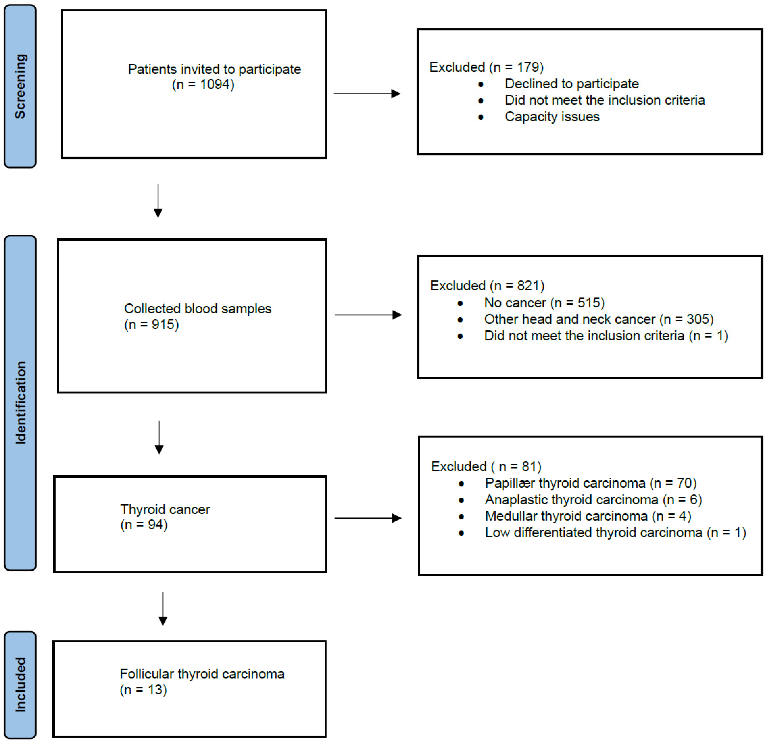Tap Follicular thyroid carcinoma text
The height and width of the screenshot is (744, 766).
pyautogui.click(x=202, y=674)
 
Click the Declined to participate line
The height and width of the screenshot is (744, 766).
pyautogui.click(x=571, y=84)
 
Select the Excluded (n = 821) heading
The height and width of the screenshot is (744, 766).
pyautogui.click(x=487, y=286)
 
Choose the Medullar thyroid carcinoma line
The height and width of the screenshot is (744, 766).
pyautogui.click(x=588, y=516)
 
